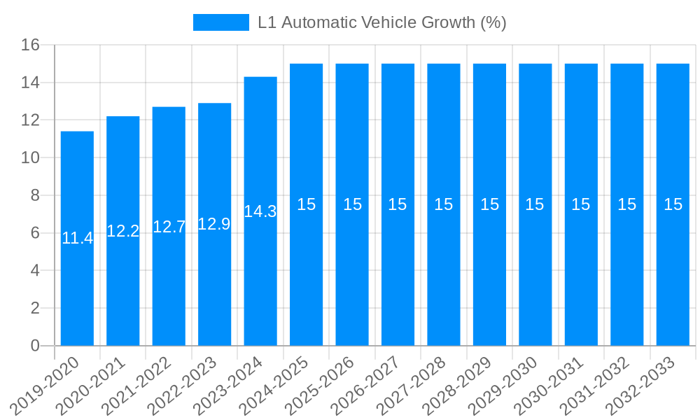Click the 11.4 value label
[77, 238]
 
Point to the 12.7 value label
[169, 227]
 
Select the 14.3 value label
[260, 211]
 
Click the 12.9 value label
[214, 224]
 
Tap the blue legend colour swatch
[220, 22]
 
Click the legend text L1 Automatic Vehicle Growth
[381, 22]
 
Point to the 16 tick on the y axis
[30, 45]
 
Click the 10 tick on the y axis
[30, 158]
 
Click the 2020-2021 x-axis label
[92, 385]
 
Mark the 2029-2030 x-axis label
[504, 385]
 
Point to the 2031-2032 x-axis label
[596, 385]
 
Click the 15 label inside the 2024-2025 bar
[306, 204]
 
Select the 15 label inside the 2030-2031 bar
[581, 204]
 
